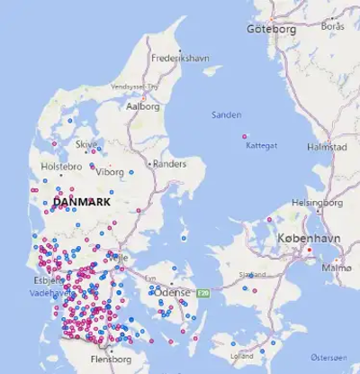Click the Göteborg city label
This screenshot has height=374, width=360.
(x=272, y=29)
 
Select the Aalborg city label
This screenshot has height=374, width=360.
(x=144, y=105)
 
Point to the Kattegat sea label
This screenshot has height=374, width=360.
(x=262, y=145)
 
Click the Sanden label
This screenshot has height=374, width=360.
(x=226, y=115)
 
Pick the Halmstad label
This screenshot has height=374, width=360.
(x=327, y=146)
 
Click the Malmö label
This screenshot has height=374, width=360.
(x=337, y=268)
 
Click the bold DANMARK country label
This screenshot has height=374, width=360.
(x=82, y=203)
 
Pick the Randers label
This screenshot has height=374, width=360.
(x=170, y=165)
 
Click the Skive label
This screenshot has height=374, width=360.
(x=86, y=144)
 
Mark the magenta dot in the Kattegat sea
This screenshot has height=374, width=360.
(x=245, y=137)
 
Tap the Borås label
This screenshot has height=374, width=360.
(x=332, y=26)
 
